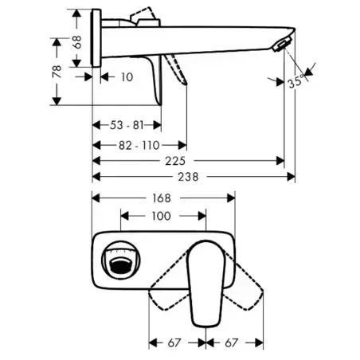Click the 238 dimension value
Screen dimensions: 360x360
pos(188,177)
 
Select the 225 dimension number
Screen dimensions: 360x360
pos(175,161)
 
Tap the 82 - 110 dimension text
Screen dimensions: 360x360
pos(139,146)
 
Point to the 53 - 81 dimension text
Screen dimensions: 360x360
pos(127,125)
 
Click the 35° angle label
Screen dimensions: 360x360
pos(295,81)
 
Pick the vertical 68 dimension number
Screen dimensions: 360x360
pos(77,41)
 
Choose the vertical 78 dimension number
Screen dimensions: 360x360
pos(57,72)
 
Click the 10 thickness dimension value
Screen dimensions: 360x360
pos(127,77)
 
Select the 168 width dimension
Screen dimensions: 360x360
pos(162,198)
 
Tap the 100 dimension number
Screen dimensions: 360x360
pos(161,216)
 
